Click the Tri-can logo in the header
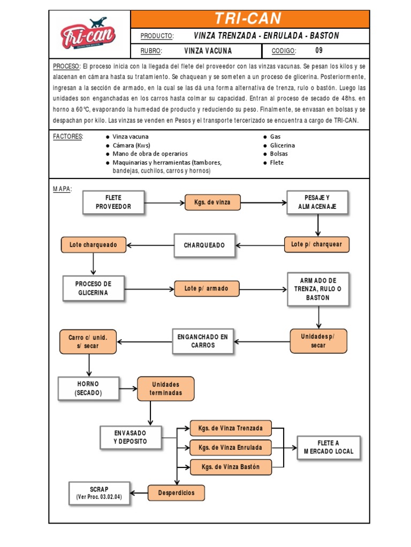[x=89, y=34]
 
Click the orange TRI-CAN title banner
[x=250, y=19]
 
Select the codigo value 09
[x=319, y=51]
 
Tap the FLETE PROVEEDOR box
[x=113, y=202]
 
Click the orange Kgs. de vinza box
[x=212, y=202]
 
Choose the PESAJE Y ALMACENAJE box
[x=317, y=202]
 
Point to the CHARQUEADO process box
[x=204, y=245]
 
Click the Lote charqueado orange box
[x=94, y=245]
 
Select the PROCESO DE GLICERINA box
[x=93, y=288]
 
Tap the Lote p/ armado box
[x=207, y=288]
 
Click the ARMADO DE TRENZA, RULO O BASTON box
[x=318, y=289]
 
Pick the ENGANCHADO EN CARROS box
[x=202, y=341]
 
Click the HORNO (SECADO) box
[x=88, y=388]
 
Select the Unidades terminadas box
[x=166, y=388]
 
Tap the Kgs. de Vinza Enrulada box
[x=231, y=447]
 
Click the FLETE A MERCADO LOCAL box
[x=329, y=447]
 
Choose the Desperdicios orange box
[x=176, y=493]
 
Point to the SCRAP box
[x=99, y=493]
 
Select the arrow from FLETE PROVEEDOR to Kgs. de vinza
[x=164, y=202]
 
